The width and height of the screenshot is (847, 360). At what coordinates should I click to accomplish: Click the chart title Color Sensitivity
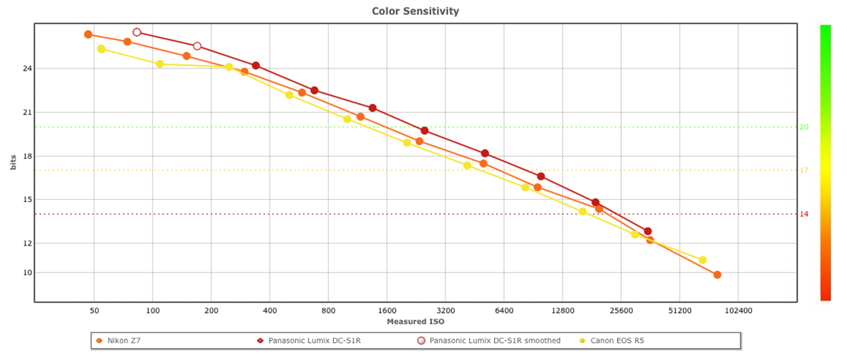coord(415,11)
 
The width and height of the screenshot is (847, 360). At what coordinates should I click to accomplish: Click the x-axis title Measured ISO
coord(416,322)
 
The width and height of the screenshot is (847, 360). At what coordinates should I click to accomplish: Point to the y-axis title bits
coord(13,163)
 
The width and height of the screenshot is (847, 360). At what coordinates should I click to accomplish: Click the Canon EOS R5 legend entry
coord(615,341)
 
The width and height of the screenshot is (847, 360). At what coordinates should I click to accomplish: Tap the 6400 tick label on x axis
coord(503,311)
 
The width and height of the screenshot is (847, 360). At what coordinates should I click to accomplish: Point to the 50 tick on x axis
coord(94,311)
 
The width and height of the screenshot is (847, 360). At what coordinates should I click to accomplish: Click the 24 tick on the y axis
coord(28,68)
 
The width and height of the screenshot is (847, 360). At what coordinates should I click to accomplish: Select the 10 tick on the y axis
coord(28,272)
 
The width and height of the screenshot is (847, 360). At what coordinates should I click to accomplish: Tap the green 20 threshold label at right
coord(804,127)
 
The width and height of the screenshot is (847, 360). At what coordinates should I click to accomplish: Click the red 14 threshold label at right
coord(804,214)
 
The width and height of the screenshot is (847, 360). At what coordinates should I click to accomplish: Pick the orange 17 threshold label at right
coord(804,170)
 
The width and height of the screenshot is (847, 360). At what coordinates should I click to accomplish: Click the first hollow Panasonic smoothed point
coord(137,32)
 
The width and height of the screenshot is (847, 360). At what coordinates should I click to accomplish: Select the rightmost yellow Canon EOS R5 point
coord(702,260)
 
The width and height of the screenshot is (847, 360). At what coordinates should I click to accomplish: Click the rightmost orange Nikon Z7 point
coord(717,275)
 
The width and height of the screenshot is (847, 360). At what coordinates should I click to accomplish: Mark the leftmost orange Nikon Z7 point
coord(88,35)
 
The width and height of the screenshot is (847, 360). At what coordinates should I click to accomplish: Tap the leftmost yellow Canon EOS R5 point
coord(101,49)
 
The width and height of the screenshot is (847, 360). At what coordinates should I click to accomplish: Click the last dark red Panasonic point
coord(647,231)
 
